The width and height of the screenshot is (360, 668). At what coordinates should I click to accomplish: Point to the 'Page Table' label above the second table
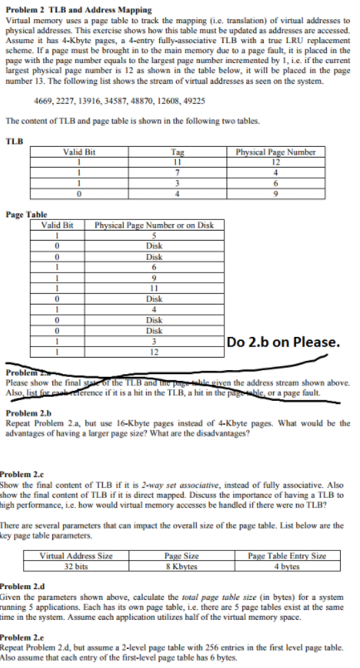(26, 214)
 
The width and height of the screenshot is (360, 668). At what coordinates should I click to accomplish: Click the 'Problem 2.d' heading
(27, 584)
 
